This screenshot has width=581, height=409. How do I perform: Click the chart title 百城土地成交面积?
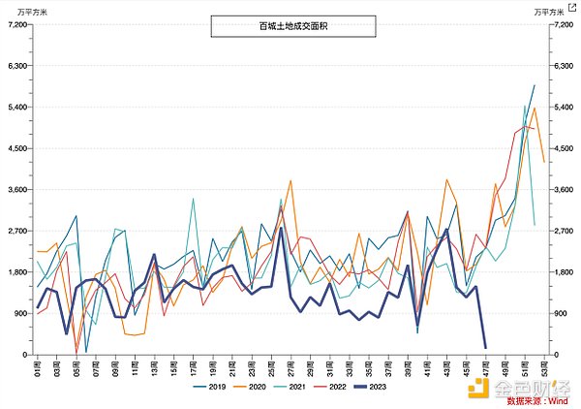[x=290, y=26]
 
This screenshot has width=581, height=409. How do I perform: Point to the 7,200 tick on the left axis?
[x=19, y=24]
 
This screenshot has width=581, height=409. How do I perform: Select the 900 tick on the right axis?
[x=561, y=314]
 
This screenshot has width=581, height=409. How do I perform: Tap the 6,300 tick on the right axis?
[x=564, y=66]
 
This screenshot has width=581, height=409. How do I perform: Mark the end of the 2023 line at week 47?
[x=485, y=347]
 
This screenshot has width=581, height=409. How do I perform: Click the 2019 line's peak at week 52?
[x=534, y=86]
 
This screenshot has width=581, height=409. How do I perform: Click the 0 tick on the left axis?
[x=25, y=356]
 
